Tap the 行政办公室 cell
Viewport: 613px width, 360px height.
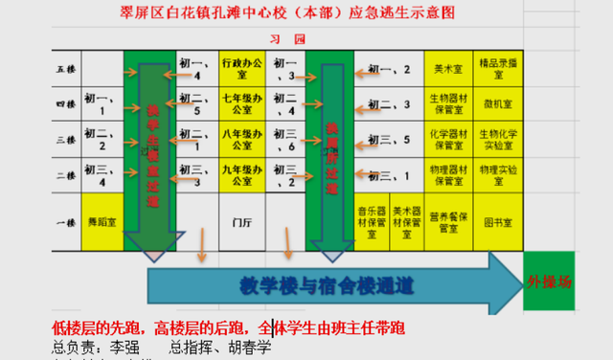click(241, 68)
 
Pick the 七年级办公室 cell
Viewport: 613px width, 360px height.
click(241, 103)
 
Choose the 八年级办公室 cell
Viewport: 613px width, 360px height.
click(241, 140)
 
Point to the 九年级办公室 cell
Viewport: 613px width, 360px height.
click(241, 175)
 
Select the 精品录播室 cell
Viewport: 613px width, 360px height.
click(499, 70)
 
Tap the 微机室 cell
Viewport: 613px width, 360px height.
click(499, 103)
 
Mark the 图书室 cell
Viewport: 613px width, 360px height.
click(499, 220)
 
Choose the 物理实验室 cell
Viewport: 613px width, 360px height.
click(499, 175)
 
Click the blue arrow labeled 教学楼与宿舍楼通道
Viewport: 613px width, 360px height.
click(326, 283)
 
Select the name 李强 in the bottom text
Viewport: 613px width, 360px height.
click(120, 345)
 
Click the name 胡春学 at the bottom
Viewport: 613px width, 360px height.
click(251, 345)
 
